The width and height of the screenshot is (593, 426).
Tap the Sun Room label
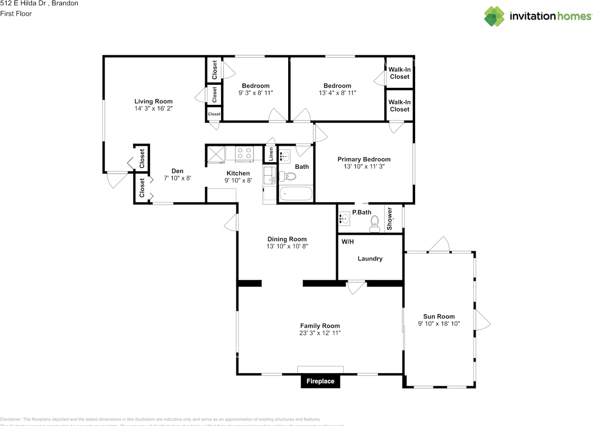click(x=439, y=316)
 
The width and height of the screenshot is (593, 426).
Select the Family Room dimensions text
click(x=320, y=333)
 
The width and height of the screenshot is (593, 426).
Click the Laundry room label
click(x=370, y=258)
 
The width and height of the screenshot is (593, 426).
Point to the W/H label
click(x=347, y=242)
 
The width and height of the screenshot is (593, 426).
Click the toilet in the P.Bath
click(x=375, y=226)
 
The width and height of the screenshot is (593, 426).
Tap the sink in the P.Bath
click(x=343, y=219)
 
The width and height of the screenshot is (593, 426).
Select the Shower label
click(x=390, y=219)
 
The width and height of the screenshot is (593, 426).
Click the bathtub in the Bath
click(x=296, y=194)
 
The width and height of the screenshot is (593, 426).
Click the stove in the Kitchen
click(x=244, y=153)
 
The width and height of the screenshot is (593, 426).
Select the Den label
click(x=177, y=171)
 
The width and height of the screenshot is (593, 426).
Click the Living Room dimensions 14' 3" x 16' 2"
click(x=153, y=108)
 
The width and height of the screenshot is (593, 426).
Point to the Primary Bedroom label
click(x=364, y=159)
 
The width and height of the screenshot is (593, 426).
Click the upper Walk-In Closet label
click(x=399, y=73)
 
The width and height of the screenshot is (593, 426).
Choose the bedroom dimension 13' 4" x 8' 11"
click(x=337, y=93)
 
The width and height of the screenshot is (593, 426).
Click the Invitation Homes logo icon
click(x=494, y=16)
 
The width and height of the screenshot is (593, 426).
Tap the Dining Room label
click(x=287, y=239)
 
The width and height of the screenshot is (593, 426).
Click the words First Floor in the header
click(x=16, y=13)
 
